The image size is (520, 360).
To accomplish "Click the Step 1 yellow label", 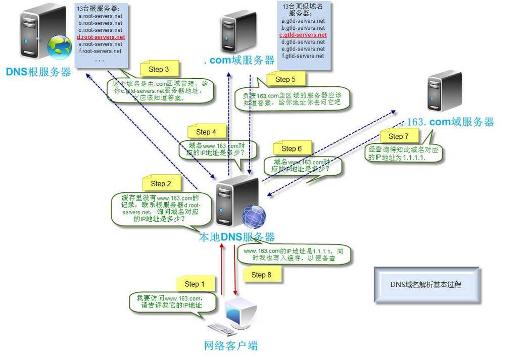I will point(195,284).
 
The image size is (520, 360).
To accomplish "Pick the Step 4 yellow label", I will point(206,132).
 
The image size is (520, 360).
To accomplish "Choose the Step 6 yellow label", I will point(291,148).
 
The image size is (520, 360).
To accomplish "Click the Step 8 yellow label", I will point(261,275).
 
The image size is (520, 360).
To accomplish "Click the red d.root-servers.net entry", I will point(101,37).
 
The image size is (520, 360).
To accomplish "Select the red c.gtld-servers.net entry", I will point(303,35).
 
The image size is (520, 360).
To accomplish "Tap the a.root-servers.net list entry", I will point(100,16).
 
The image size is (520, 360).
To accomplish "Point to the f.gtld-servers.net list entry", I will point(303,56).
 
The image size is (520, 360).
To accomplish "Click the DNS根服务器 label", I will point(38,72).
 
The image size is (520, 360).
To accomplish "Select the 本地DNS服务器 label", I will point(237,237).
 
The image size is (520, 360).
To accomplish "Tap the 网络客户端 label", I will point(230,346).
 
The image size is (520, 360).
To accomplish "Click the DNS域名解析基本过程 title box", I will point(426,284).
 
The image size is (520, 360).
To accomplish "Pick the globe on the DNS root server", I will point(60,47).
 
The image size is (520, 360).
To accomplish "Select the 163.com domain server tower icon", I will point(444,91).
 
